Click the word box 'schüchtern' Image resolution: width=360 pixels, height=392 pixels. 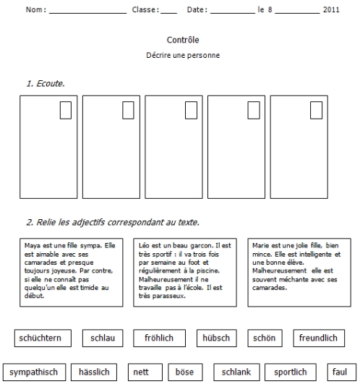point(43,338)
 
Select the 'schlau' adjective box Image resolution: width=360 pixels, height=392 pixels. point(103,338)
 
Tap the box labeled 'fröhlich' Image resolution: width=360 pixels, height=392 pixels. point(159,338)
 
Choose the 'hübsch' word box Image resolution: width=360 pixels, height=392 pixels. point(217,338)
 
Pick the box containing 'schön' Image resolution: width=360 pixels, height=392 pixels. point(265,338)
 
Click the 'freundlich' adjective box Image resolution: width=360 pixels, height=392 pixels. point(319,338)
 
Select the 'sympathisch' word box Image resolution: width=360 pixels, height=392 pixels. point(35,372)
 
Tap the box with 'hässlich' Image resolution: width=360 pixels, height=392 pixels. point(94,372)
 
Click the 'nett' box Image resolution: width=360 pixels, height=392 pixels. point(145,372)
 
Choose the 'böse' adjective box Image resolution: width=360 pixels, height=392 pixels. point(185,372)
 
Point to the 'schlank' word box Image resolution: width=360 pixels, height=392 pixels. point(236,372)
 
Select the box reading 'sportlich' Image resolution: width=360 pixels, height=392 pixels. point(291,372)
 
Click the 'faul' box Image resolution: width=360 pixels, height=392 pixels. point(342,372)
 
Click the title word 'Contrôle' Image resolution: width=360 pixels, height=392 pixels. point(183,40)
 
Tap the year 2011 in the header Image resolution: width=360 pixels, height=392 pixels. point(331,9)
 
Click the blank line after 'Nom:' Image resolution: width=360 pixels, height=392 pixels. point(88,13)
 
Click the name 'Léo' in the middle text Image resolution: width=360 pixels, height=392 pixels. point(144,245)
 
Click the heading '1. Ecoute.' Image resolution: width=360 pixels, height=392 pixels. point(46,83)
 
